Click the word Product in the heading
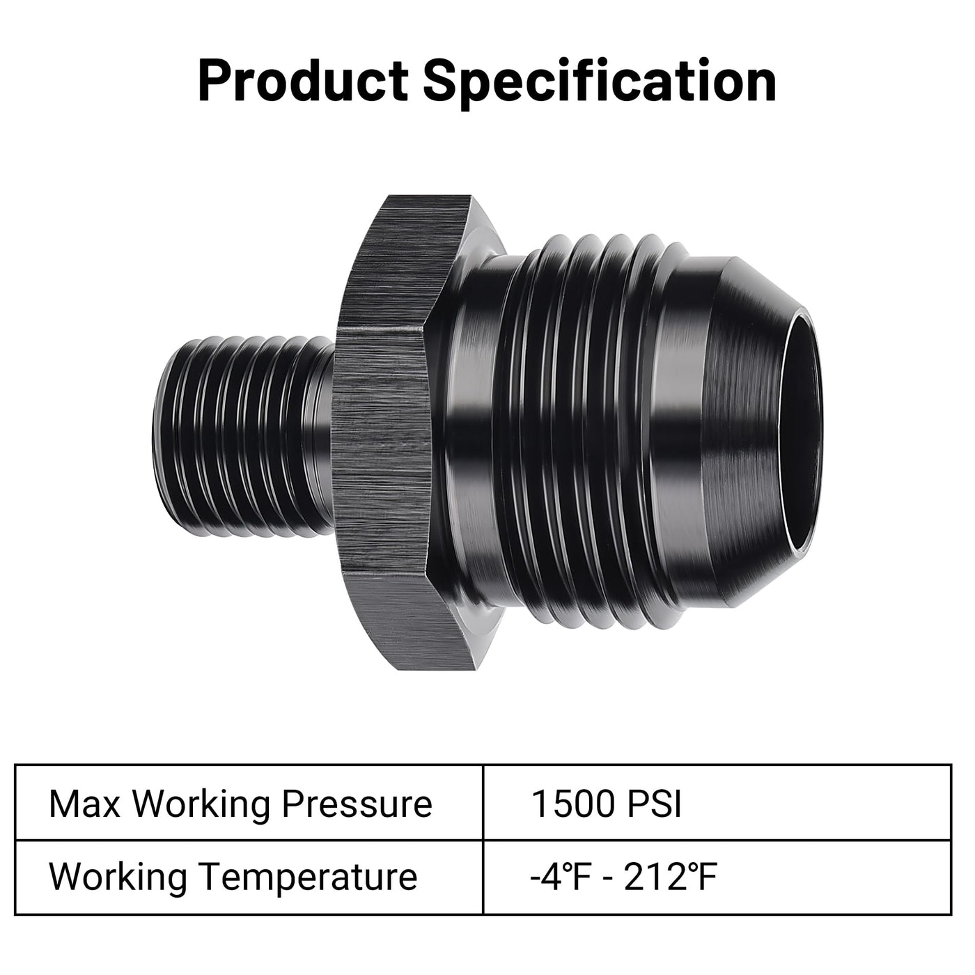pyautogui.click(x=303, y=81)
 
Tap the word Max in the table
pyautogui.click(x=84, y=804)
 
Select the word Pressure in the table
pyautogui.click(x=357, y=804)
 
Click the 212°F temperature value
pyautogui.click(x=670, y=877)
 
